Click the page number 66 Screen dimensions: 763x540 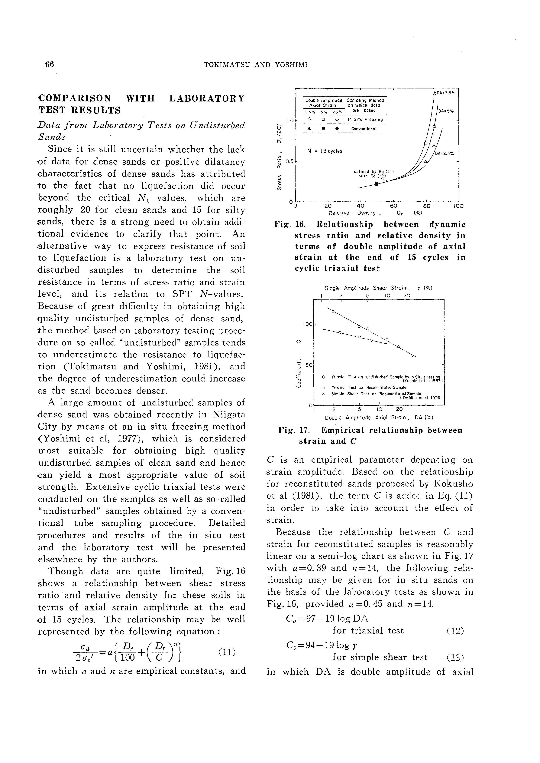click(x=49, y=64)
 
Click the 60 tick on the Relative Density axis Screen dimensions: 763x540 click(x=393, y=206)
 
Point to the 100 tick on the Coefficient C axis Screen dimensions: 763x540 click(x=307, y=324)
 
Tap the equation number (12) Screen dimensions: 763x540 click(x=455, y=630)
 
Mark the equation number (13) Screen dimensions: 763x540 click(x=455, y=657)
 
